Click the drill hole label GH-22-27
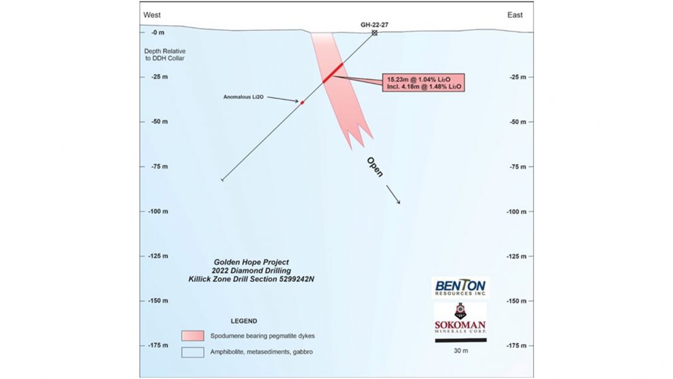(373, 25)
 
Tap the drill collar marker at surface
(374, 33)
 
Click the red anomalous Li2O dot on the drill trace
(302, 102)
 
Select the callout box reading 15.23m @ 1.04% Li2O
(423, 83)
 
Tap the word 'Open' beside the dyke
(374, 166)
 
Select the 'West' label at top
(152, 15)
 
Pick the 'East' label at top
(515, 15)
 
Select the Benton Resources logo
(460, 288)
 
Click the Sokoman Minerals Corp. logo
(460, 320)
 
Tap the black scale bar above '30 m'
(460, 340)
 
